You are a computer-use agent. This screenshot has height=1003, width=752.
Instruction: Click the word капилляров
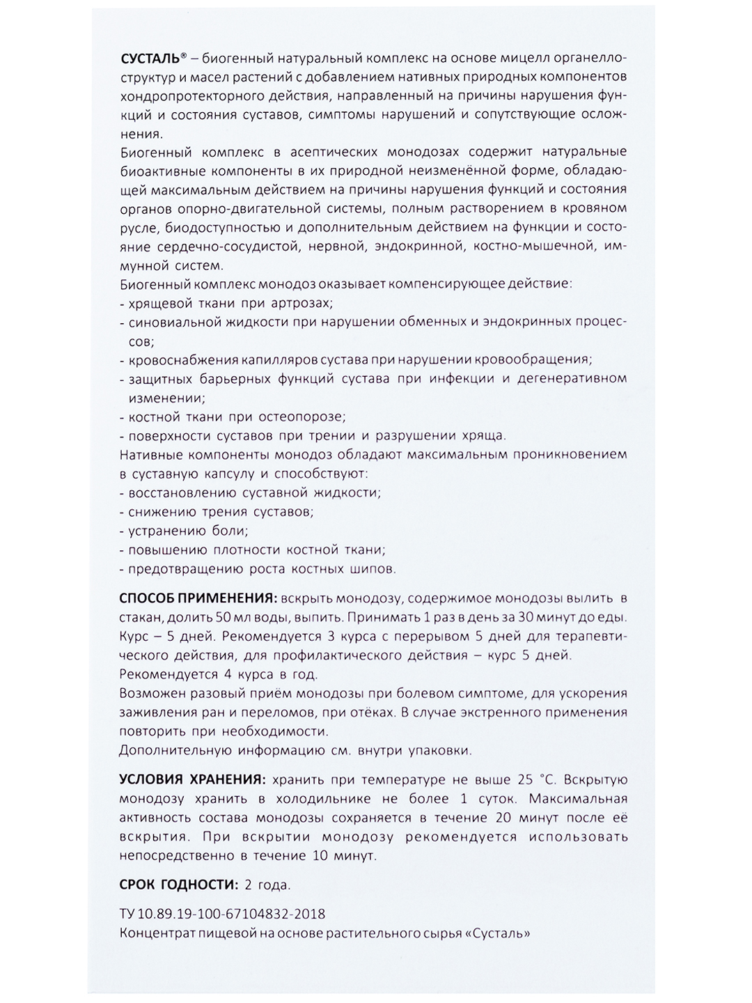(x=276, y=360)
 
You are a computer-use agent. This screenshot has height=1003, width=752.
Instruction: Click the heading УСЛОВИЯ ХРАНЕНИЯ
(x=191, y=779)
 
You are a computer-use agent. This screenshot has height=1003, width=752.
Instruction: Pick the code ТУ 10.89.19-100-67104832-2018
(x=222, y=914)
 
